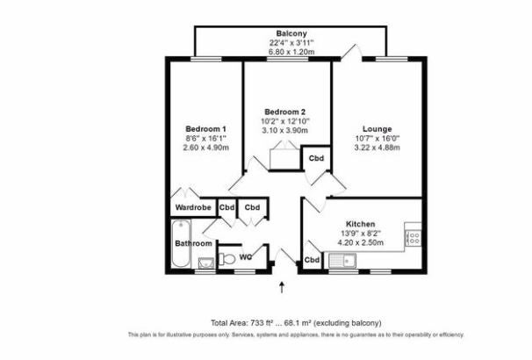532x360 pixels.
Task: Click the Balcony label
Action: pyautogui.click(x=291, y=33)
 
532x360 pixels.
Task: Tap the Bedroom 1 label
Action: pyautogui.click(x=205, y=129)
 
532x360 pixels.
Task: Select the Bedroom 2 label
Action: pyautogui.click(x=285, y=112)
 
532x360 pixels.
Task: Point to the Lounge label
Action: pyautogui.click(x=377, y=129)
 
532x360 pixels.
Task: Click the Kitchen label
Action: pyautogui.click(x=360, y=224)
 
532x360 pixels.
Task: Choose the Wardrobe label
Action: pyautogui.click(x=193, y=207)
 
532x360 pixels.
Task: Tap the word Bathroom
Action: pyautogui.click(x=193, y=243)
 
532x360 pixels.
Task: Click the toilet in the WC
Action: pyautogui.click(x=226, y=260)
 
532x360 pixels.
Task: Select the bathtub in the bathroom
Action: pyautogui.click(x=181, y=244)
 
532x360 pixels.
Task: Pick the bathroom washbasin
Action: pyautogui.click(x=206, y=263)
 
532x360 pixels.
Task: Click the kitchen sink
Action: pyautogui.click(x=342, y=261)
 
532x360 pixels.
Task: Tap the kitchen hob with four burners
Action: pyautogui.click(x=413, y=237)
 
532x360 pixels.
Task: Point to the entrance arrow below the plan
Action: pyautogui.click(x=282, y=287)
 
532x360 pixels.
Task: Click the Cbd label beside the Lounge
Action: pyautogui.click(x=316, y=158)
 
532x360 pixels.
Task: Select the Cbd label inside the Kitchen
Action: pyautogui.click(x=312, y=260)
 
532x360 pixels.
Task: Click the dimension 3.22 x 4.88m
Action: pyautogui.click(x=377, y=148)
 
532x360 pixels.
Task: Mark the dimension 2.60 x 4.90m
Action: pyautogui.click(x=205, y=148)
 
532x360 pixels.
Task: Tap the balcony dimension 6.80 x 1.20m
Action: pyautogui.click(x=291, y=52)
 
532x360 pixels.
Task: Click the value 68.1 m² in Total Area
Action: pyautogui.click(x=298, y=322)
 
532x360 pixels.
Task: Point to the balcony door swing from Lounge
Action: pyautogui.click(x=351, y=52)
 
